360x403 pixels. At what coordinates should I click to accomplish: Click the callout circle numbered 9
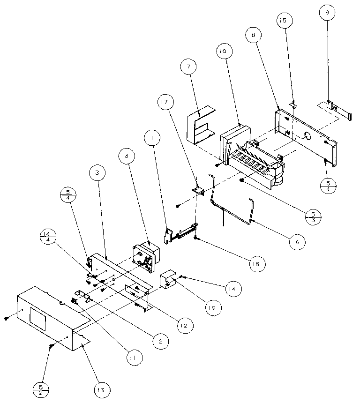click(328, 14)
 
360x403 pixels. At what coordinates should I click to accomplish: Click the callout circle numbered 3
click(97, 173)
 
